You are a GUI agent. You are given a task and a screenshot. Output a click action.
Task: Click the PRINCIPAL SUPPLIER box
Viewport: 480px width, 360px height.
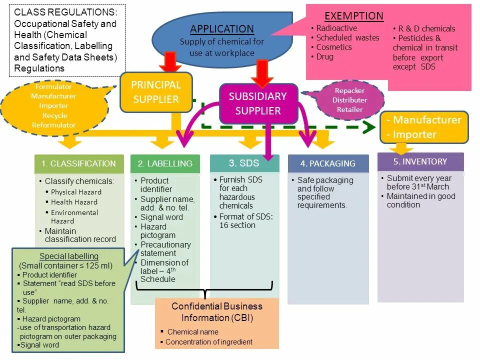(156, 92)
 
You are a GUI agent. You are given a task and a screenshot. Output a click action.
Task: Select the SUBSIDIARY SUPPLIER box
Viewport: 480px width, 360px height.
(258, 103)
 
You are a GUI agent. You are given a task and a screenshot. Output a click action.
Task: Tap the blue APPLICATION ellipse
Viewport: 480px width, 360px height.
(221, 40)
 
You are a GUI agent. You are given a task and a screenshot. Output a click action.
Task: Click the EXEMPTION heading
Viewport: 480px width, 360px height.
(354, 16)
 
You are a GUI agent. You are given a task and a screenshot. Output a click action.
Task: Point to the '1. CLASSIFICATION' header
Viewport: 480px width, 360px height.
(78, 163)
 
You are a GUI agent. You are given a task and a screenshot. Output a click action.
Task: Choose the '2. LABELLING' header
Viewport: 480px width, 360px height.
(165, 163)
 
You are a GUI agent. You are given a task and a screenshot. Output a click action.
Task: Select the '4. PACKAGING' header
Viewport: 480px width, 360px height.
(328, 163)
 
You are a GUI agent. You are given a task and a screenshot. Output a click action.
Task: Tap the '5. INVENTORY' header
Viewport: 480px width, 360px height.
(420, 161)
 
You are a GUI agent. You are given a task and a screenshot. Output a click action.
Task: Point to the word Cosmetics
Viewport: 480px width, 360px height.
(334, 47)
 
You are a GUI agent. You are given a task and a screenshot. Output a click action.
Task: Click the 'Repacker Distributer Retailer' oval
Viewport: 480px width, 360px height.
(350, 100)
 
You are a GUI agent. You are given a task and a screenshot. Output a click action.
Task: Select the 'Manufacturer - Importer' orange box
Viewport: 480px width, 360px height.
(424, 127)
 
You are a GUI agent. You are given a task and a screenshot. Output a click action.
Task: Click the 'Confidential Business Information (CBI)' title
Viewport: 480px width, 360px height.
(217, 312)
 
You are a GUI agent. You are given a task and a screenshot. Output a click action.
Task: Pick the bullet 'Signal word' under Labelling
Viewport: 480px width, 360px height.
(161, 217)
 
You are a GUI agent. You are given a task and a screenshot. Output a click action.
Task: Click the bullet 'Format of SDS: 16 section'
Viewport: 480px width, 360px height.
(246, 221)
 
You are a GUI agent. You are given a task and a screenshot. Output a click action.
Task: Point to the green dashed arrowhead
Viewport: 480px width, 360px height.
(368, 127)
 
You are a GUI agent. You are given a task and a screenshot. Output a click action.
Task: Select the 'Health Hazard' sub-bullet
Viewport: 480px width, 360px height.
(74, 202)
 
